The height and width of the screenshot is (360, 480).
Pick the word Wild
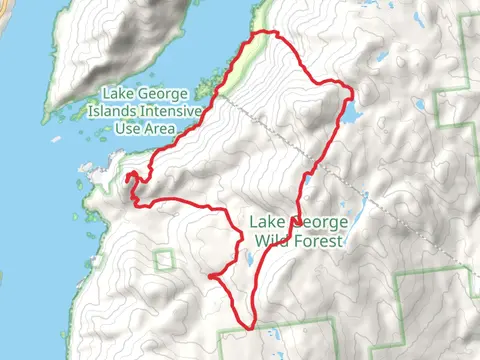click(271, 241)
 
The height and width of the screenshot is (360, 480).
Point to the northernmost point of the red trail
click(266, 33)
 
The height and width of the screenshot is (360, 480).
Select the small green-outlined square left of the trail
click(164, 260)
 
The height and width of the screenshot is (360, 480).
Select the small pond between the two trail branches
click(249, 262)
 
